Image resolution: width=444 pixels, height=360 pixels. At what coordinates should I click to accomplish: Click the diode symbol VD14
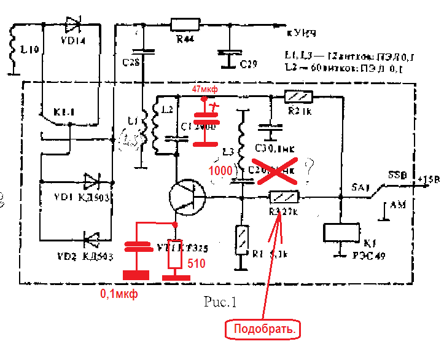tap(72, 25)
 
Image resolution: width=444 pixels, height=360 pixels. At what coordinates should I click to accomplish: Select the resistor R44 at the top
tap(184, 25)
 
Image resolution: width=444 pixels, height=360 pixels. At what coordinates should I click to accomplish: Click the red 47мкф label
tap(205, 89)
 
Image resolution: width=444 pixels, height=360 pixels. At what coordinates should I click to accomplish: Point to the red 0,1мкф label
tap(119, 294)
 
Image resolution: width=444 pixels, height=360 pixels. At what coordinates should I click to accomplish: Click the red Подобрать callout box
tap(265, 330)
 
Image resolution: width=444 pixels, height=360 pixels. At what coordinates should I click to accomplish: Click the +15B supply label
tap(427, 179)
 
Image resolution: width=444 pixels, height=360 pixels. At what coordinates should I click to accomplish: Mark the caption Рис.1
tap(219, 302)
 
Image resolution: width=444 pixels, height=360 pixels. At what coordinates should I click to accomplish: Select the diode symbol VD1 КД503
tap(92, 181)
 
